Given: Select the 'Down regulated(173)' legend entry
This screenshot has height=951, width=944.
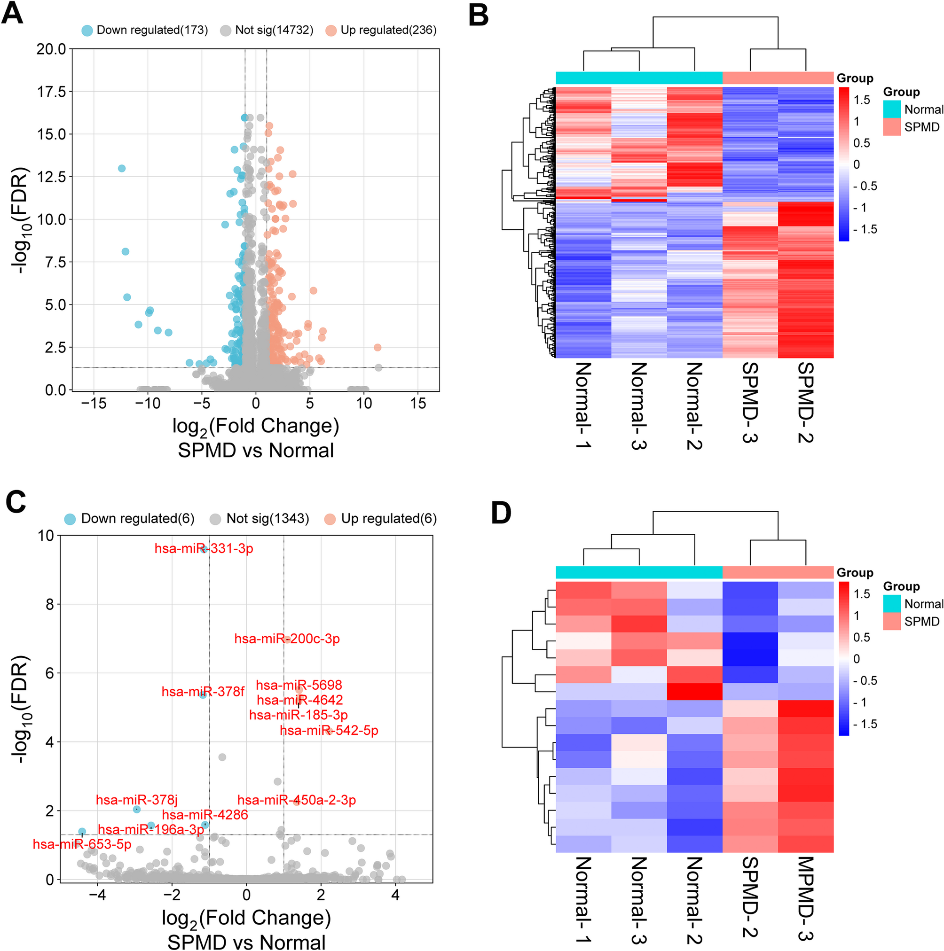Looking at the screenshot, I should coord(145,30).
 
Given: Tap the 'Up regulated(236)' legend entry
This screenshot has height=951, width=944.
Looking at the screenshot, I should coord(381,30).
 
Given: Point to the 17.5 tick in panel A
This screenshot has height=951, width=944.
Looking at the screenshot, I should coord(51,92).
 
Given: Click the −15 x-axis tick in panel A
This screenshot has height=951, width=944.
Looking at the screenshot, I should coord(94,404).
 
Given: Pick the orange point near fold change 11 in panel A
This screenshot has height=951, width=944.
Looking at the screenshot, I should coord(378,348).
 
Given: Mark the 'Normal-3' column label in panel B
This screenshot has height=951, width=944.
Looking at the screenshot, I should coord(639,405).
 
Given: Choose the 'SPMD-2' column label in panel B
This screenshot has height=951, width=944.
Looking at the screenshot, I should coord(806,402).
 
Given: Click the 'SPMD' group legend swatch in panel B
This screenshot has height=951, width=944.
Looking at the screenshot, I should coord(892,127).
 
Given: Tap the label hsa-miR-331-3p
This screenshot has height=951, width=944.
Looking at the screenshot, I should coord(204,548).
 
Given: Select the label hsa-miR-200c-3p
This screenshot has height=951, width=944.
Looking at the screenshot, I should coord(287,639).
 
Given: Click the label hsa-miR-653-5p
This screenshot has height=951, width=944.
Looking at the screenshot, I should coord(82,845).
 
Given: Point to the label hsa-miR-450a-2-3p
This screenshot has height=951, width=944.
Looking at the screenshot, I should coord(297,800).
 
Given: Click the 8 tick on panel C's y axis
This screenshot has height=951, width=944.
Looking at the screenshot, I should coord(50,604).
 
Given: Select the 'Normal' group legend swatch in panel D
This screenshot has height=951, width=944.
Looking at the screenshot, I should coord(892,603).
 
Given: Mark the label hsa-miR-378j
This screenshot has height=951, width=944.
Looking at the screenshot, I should coord(136,800).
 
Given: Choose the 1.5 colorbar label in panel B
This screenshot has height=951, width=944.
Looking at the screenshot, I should coord(862,100).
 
